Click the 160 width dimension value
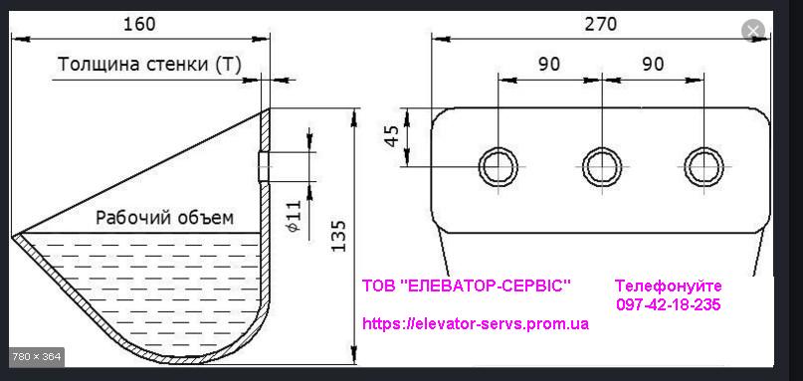[x=138, y=24]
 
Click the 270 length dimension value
[x=601, y=24]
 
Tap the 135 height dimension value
[x=338, y=236]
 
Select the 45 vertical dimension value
[x=392, y=136]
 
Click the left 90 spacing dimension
[x=549, y=64]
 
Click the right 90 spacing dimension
[x=652, y=64]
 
